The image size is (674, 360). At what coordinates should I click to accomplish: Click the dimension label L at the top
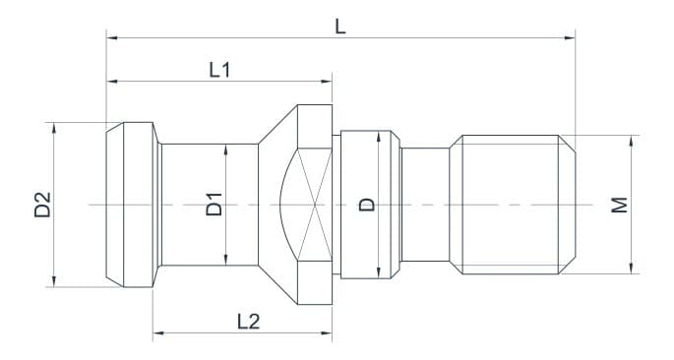(339, 26)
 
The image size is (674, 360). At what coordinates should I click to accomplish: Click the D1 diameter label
(214, 205)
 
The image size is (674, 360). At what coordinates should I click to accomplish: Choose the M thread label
(618, 205)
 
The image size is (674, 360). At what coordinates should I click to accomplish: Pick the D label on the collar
(366, 205)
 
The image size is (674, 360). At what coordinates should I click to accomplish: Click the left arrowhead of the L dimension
(111, 38)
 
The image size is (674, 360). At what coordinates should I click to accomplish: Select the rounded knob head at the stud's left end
(131, 205)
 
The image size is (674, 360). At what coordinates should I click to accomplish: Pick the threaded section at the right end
(512, 205)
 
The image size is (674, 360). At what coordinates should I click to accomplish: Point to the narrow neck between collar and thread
(425, 205)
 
